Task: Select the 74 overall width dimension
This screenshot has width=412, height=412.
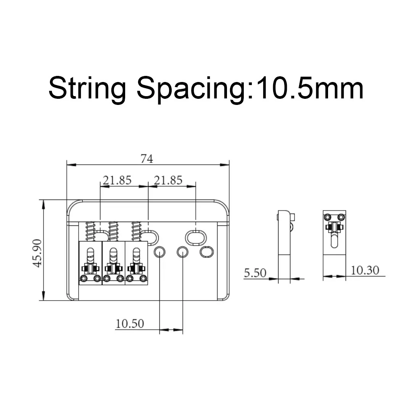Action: click(x=147, y=158)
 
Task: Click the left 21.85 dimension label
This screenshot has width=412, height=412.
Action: click(x=117, y=180)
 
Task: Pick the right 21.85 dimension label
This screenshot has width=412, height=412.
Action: click(x=168, y=180)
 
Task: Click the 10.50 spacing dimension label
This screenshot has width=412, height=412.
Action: click(x=130, y=324)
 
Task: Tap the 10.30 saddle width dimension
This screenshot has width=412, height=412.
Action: click(x=365, y=270)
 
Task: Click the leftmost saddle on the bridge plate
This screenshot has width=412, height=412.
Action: click(x=90, y=263)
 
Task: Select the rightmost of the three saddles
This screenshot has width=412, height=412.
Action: click(x=136, y=263)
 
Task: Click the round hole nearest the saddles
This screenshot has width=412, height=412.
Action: click(x=159, y=252)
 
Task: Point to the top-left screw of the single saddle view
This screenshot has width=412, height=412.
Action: click(x=327, y=217)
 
